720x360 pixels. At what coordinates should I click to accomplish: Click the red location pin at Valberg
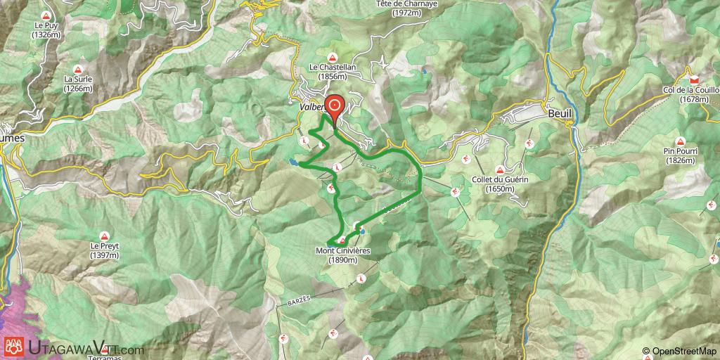pyautogui.click(x=335, y=107)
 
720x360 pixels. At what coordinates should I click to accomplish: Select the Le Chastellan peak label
pyautogui.click(x=333, y=72)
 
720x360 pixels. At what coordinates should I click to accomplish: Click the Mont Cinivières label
pyautogui.click(x=343, y=255)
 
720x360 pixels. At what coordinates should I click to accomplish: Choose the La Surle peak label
pyautogui.click(x=77, y=84)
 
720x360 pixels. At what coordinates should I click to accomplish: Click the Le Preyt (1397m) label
pyautogui.click(x=104, y=250)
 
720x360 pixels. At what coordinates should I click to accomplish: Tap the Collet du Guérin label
pyautogui.click(x=500, y=184)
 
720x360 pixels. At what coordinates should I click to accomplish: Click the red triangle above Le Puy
pyautogui.click(x=47, y=15)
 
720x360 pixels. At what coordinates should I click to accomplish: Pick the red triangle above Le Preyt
pyautogui.click(x=104, y=236)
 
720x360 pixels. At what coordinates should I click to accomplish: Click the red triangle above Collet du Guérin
pyautogui.click(x=500, y=170)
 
